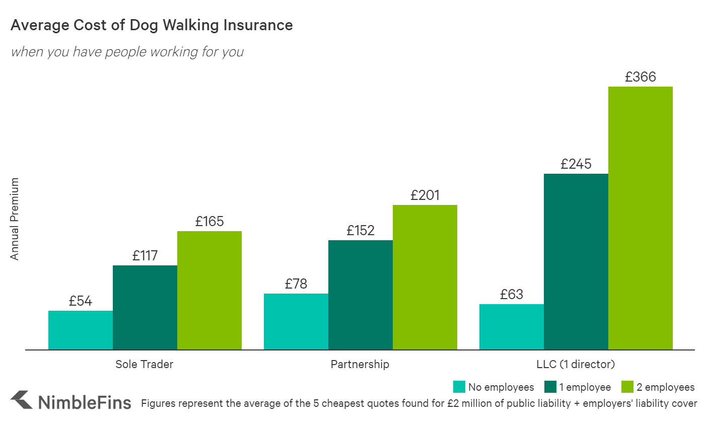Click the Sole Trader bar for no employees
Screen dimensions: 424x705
[x=81, y=330]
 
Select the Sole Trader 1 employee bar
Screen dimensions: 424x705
[x=145, y=307]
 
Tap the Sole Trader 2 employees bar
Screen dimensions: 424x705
[x=209, y=290]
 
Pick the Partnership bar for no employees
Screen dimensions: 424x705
[x=296, y=321]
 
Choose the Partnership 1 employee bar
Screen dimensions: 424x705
[x=361, y=295]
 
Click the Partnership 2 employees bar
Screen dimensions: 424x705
[x=425, y=277]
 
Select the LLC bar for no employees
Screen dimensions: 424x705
[x=512, y=327]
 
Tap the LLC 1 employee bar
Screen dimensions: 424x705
[x=576, y=261]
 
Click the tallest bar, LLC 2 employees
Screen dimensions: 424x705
[x=641, y=218]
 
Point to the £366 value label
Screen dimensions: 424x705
[x=641, y=77]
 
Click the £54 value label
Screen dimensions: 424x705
[x=81, y=301]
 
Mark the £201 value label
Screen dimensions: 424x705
[x=425, y=195]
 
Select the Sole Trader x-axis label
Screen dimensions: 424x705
[x=145, y=364]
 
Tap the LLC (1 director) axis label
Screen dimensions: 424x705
[x=576, y=364]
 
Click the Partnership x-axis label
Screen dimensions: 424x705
[x=360, y=364]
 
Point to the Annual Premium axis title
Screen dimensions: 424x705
[x=15, y=219]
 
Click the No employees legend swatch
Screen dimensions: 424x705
[x=459, y=387]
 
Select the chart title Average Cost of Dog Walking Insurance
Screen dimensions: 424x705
[x=152, y=25]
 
